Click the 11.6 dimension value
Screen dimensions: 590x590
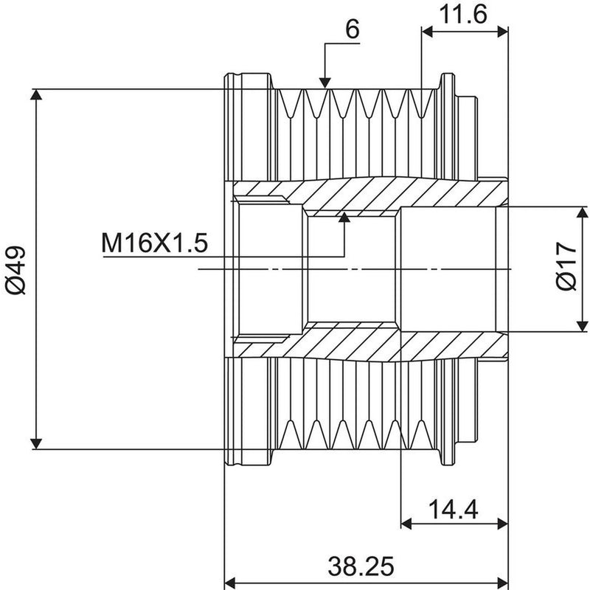pyautogui.click(x=463, y=15)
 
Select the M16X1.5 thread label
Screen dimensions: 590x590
pyautogui.click(x=155, y=243)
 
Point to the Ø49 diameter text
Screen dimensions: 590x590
pyautogui.click(x=15, y=270)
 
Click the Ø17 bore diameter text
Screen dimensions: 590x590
pyautogui.click(x=566, y=265)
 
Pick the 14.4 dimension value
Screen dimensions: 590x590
pyautogui.click(x=453, y=510)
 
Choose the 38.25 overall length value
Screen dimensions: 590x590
pyautogui.click(x=361, y=566)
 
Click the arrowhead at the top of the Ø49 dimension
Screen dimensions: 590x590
pyautogui.click(x=36, y=94)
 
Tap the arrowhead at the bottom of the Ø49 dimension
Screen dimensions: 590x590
pyautogui.click(x=36, y=444)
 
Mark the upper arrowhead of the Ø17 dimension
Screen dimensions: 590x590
pyautogui.click(x=582, y=212)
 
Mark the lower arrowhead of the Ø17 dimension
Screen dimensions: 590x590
pyautogui.click(x=582, y=326)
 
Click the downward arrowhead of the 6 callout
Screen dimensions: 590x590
pyautogui.click(x=324, y=83)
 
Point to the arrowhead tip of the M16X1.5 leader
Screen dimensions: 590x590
pyautogui.click(x=344, y=213)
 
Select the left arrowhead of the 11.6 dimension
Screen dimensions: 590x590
pyautogui.click(x=427, y=32)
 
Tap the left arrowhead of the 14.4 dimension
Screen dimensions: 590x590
pyautogui.click(x=406, y=524)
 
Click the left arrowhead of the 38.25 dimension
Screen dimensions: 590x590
pyautogui.click(x=230, y=582)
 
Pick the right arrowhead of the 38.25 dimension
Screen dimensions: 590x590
pyautogui.click(x=503, y=582)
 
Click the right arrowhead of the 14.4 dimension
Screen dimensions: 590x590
pyautogui.click(x=503, y=524)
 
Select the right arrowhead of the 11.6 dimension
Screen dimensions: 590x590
pyautogui.click(x=503, y=32)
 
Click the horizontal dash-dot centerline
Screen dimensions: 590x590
pyautogui.click(x=355, y=269)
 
